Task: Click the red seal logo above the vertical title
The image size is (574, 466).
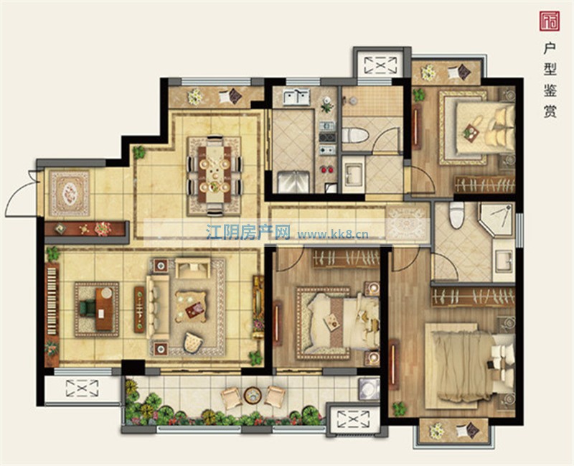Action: click(x=550, y=21)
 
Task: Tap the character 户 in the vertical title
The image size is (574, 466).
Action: click(x=550, y=48)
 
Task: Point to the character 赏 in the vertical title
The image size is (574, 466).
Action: click(x=550, y=111)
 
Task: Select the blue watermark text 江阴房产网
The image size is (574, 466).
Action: click(x=248, y=232)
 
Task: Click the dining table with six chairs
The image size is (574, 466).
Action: click(x=215, y=174)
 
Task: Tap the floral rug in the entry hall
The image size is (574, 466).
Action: click(x=70, y=192)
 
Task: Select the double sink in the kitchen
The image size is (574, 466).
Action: click(x=296, y=97)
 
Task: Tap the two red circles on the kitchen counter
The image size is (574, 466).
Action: click(x=327, y=169)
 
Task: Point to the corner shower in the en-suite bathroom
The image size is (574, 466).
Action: click(x=497, y=220)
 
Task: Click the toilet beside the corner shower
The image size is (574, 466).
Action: click(x=456, y=215)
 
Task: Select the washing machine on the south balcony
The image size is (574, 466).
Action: click(x=369, y=388)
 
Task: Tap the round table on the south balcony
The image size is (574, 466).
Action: click(x=253, y=396)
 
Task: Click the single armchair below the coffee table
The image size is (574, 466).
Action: click(x=193, y=342)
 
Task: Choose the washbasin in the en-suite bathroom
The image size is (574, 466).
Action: click(x=504, y=261)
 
